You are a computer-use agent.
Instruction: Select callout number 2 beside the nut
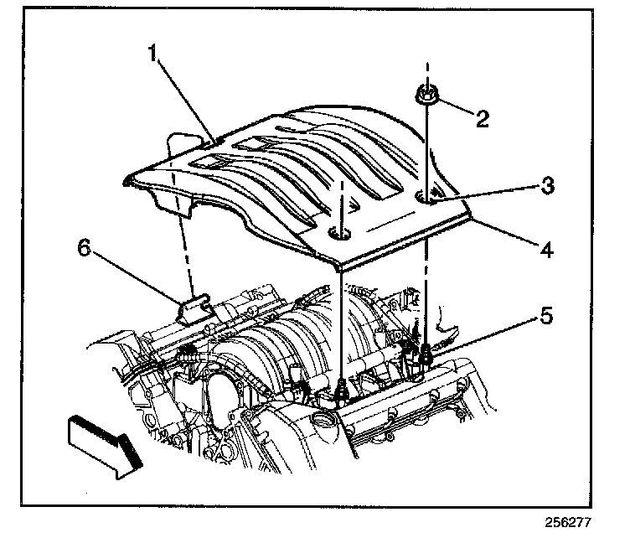pyautogui.click(x=481, y=118)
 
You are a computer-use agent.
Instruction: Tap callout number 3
pyautogui.click(x=546, y=185)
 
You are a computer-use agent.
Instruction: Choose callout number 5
pyautogui.click(x=546, y=317)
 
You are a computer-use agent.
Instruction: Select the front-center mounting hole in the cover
pyautogui.click(x=340, y=232)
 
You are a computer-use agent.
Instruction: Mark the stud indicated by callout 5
pyautogui.click(x=427, y=350)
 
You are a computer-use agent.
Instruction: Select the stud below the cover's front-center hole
pyautogui.click(x=341, y=389)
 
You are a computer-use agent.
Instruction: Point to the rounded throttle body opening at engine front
pyautogui.click(x=219, y=394)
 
